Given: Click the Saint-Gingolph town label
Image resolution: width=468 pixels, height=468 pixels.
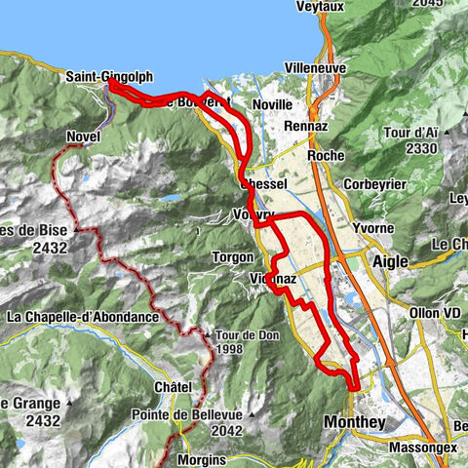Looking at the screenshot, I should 110,76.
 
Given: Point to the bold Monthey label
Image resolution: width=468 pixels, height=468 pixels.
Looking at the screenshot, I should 353,422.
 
